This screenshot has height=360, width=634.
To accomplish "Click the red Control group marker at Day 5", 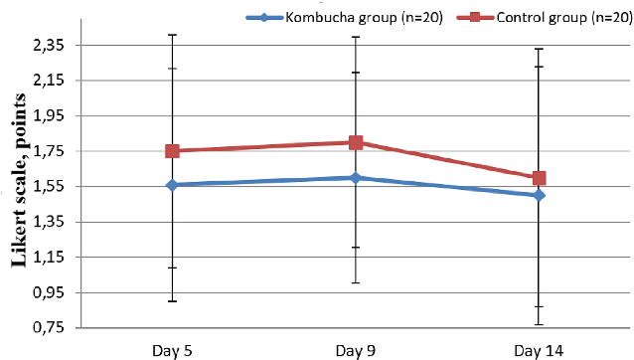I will tap(172, 151).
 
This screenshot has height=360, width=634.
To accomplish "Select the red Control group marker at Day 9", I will tap(356, 142).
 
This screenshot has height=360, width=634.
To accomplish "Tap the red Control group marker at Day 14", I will tap(540, 178).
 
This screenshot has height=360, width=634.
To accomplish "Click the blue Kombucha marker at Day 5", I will tap(172, 185).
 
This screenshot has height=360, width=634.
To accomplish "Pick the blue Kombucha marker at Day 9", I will tap(356, 178).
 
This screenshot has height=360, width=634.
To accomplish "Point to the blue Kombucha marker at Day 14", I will tap(540, 195).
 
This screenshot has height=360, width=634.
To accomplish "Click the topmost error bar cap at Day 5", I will tap(172, 35).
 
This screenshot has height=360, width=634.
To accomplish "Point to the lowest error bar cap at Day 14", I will tap(540, 324).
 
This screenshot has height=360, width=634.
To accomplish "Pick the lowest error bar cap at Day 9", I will tap(356, 282).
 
